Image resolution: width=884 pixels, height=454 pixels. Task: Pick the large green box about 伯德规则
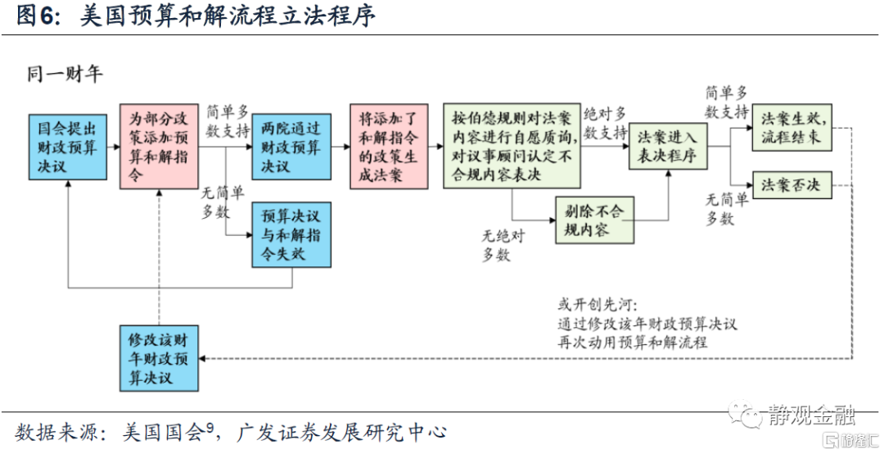pyautogui.click(x=512, y=146)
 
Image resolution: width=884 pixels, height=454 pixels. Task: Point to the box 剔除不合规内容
pyautogui.click(x=593, y=220)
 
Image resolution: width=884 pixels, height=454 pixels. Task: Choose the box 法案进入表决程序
pyautogui.click(x=667, y=148)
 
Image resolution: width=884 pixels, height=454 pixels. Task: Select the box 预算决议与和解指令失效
pyautogui.click(x=292, y=234)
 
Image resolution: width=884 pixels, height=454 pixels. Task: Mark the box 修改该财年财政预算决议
pyautogui.click(x=158, y=357)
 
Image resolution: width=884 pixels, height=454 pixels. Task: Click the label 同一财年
pyautogui.click(x=65, y=75)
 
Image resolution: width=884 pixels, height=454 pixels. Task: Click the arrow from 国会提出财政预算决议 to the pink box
pyautogui.click(x=114, y=148)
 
